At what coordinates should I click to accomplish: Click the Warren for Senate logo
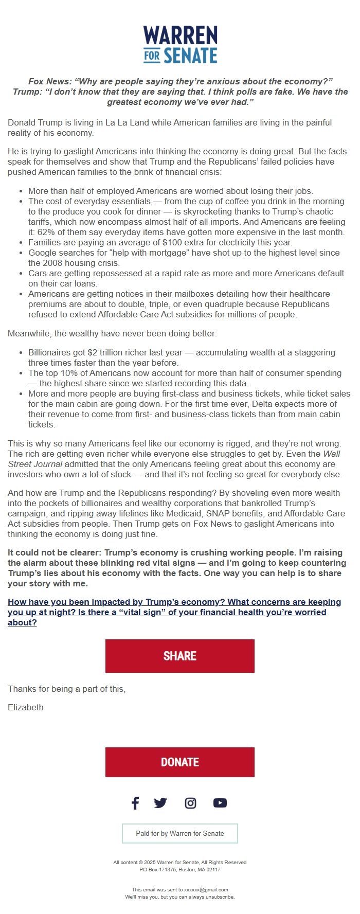click(x=180, y=45)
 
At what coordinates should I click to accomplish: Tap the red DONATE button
click(x=180, y=762)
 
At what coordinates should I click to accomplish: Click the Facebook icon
click(x=135, y=803)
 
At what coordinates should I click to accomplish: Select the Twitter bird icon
click(x=160, y=803)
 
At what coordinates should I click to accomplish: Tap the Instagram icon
click(x=190, y=803)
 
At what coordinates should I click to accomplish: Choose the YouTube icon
click(x=220, y=803)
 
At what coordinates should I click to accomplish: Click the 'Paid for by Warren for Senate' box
click(x=180, y=833)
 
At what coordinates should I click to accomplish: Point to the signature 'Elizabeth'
click(x=26, y=707)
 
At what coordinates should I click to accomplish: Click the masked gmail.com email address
click(x=206, y=889)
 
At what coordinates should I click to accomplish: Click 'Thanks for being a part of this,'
click(x=66, y=689)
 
